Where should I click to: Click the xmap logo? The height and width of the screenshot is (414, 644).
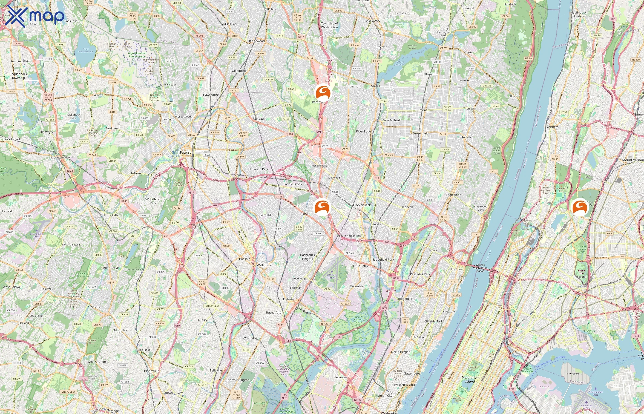tap(35, 16)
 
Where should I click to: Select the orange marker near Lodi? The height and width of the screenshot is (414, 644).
tap(322, 207)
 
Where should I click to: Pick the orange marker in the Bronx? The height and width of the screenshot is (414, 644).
tap(580, 207)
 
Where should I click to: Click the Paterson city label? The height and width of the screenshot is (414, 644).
tap(187, 152)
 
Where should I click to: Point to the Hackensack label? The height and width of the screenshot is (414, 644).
tap(362, 205)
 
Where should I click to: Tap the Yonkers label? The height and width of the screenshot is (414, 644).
tap(552, 127)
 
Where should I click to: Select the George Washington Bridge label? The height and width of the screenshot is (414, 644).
tap(480, 268)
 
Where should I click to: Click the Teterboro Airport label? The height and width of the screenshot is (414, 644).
tap(332, 276)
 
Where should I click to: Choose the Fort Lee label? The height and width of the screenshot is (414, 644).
tap(457, 269)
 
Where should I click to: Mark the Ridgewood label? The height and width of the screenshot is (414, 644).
tap(257, 41)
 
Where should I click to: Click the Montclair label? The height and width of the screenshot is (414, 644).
tap(121, 330)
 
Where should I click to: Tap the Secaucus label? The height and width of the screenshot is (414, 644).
tap(341, 377)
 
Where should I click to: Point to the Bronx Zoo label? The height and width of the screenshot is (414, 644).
tap(581, 272)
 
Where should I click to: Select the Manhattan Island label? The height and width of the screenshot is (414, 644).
tap(470, 379)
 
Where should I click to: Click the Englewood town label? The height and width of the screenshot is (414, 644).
tap(453, 195)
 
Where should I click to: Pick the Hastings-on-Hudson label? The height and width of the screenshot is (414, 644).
tap(579, 14)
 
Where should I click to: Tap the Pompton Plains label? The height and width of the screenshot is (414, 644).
tap(21, 61)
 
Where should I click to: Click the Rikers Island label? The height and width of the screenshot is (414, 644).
tap(573, 374)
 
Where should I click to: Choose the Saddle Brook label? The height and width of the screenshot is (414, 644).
tap(293, 184)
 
